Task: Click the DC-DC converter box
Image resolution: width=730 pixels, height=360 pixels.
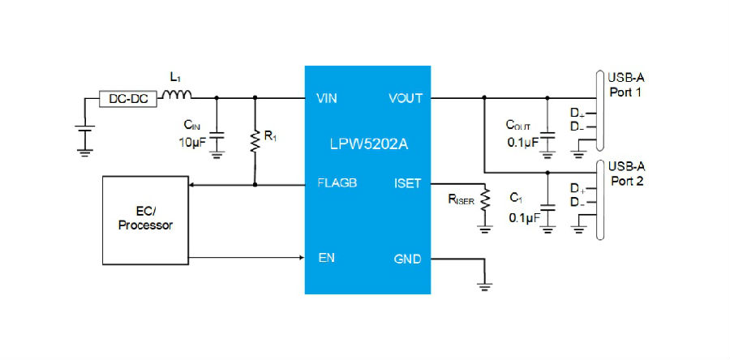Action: (x=128, y=99)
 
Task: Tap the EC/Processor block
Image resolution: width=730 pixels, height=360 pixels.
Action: (x=145, y=221)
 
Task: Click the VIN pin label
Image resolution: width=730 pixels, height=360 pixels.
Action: (x=327, y=99)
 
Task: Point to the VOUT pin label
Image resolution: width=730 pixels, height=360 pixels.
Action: (x=406, y=99)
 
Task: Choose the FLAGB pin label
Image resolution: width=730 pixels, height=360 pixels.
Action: (x=337, y=183)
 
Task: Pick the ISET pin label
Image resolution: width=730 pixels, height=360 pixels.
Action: (x=407, y=183)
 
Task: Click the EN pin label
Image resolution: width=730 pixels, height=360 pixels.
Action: (x=326, y=258)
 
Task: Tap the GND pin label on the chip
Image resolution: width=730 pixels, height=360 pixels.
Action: (x=407, y=259)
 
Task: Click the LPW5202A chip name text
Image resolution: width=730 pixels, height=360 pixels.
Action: (x=369, y=144)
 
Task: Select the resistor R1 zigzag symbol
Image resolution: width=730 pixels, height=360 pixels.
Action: (x=255, y=141)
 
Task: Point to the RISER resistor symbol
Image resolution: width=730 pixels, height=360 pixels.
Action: (x=485, y=199)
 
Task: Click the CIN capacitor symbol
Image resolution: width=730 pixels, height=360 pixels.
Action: (x=216, y=135)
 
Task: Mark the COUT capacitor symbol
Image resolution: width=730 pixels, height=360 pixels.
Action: (x=547, y=135)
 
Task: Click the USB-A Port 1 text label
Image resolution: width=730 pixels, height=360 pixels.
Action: (x=626, y=84)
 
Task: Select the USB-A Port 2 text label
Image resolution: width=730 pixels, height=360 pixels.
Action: (x=627, y=174)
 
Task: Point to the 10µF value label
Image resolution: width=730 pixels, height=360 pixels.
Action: (x=191, y=143)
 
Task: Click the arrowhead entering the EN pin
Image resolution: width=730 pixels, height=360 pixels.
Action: (x=302, y=257)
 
